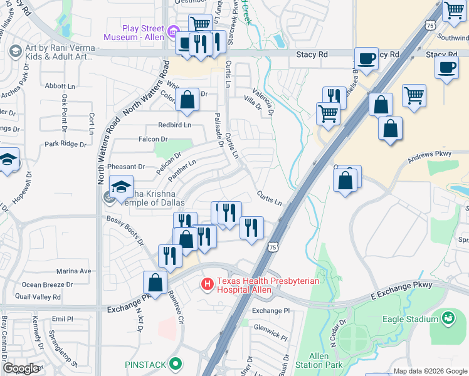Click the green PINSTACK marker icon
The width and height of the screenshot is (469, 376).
coord(177,363)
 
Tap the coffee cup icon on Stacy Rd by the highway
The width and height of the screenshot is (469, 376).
coord(367,59)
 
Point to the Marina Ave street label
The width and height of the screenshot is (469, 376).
coord(74,271)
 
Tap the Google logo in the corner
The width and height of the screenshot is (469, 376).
coord(21,368)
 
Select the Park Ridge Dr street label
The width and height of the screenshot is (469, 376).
coord(65,144)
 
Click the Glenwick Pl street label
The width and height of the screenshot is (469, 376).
coord(271,328)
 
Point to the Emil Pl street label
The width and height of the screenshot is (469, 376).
coord(63,318)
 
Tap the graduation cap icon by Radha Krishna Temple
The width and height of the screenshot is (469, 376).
coord(121,186)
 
